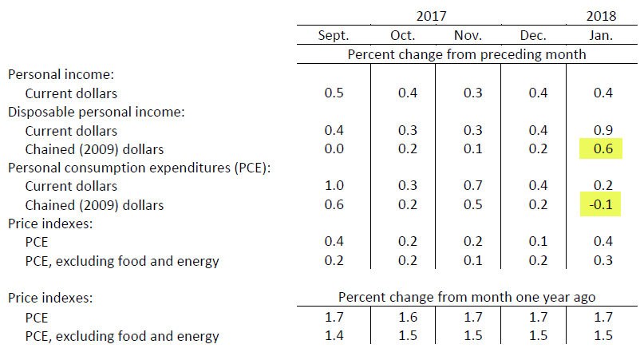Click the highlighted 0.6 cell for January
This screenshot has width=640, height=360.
pos(602,148)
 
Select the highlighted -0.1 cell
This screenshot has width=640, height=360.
pos(602,205)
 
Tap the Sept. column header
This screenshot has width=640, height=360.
pos(334,35)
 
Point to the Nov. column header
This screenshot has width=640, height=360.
pos(468,35)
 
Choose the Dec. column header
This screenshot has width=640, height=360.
pos(532,35)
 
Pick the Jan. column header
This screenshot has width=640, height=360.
pos(602,35)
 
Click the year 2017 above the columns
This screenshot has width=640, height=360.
pos(431,15)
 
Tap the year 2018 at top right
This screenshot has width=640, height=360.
pos(602,15)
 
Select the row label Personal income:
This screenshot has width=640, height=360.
pos(61,73)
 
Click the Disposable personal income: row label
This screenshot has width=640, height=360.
pos(97,112)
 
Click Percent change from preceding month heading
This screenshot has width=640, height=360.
pos(467,54)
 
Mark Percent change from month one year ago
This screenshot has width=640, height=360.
pos(467,298)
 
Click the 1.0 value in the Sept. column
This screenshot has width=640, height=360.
pos(334,186)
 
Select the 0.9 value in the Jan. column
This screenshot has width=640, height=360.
pos(602,130)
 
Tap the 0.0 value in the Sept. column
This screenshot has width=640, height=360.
pos(334,148)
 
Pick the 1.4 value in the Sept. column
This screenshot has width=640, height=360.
pos(334,336)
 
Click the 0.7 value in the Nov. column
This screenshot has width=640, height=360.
pos(472,186)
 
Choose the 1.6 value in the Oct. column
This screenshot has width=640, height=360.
pos(407,317)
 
